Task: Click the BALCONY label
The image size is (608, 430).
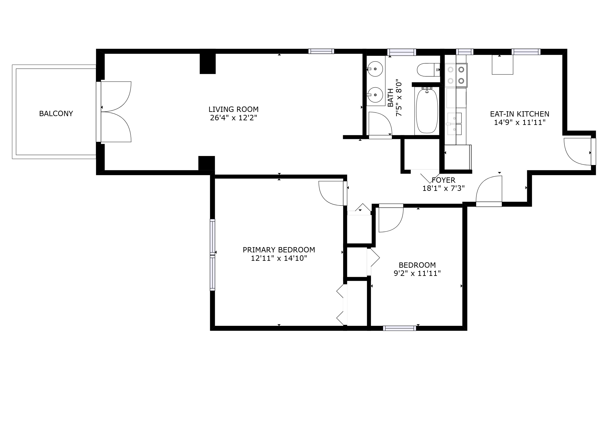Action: [56, 114]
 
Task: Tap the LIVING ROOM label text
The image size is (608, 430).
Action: [233, 109]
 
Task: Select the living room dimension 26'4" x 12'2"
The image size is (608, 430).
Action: [233, 118]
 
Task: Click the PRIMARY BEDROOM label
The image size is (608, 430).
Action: [279, 250]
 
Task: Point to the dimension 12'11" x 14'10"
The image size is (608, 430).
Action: [279, 258]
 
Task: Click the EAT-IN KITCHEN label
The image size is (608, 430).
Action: [520, 114]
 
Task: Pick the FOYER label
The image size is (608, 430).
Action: [444, 180]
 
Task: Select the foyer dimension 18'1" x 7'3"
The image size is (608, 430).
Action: [444, 189]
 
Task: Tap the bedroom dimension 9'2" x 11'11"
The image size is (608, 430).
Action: [417, 273]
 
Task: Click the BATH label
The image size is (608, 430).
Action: [390, 98]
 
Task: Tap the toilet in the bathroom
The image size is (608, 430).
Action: [428, 70]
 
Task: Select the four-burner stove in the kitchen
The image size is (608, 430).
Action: [456, 75]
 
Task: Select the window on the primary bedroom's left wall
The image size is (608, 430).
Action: [212, 255]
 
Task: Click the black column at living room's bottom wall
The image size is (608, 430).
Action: [207, 163]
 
